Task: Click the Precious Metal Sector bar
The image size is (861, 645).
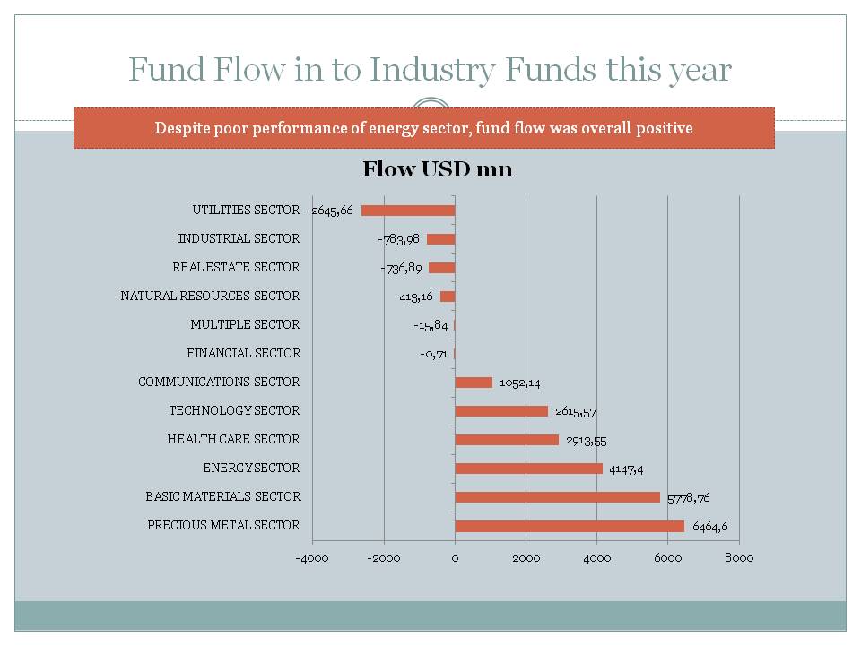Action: pyautogui.click(x=570, y=526)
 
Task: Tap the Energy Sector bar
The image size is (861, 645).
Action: pyautogui.click(x=528, y=469)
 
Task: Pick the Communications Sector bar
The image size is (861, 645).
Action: pyautogui.click(x=474, y=383)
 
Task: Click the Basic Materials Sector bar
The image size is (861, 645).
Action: pyautogui.click(x=557, y=497)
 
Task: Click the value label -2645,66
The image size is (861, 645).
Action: pyautogui.click(x=330, y=211)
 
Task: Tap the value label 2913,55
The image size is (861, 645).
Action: pyautogui.click(x=587, y=440)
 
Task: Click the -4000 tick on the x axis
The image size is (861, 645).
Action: pyautogui.click(x=312, y=558)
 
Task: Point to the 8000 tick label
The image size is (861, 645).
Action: pyautogui.click(x=738, y=558)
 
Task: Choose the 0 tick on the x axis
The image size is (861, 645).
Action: pyautogui.click(x=455, y=558)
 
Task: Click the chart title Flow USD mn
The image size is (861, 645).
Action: pyautogui.click(x=437, y=169)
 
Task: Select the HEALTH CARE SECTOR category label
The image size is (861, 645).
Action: pyautogui.click(x=233, y=440)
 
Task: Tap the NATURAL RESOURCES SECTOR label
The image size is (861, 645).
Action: pyautogui.click(x=210, y=297)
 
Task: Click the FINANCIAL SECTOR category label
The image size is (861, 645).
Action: pyautogui.click(x=243, y=354)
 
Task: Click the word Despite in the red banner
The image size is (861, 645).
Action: pyautogui.click(x=182, y=128)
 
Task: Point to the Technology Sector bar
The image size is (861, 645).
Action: pyautogui.click(x=501, y=411)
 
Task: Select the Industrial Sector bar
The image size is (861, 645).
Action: pyautogui.click(x=440, y=239)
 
